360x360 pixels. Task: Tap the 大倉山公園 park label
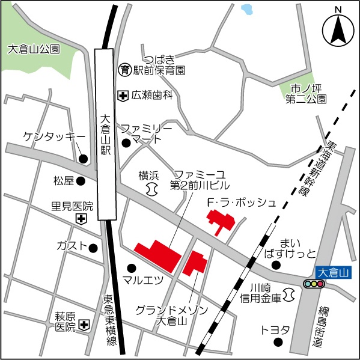coord(34,50)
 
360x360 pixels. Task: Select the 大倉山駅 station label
coord(106,136)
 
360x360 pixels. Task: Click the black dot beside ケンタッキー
coord(84,159)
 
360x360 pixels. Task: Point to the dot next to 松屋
coord(81,180)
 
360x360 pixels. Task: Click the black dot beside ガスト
coord(93,248)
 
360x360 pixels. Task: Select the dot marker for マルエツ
coord(132,267)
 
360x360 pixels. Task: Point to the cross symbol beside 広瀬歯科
coord(123,95)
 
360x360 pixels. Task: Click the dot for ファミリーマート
coord(126,143)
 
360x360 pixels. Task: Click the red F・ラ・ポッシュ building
coord(219,222)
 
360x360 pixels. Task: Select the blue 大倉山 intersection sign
coord(332,272)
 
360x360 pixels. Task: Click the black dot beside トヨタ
coord(278,343)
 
